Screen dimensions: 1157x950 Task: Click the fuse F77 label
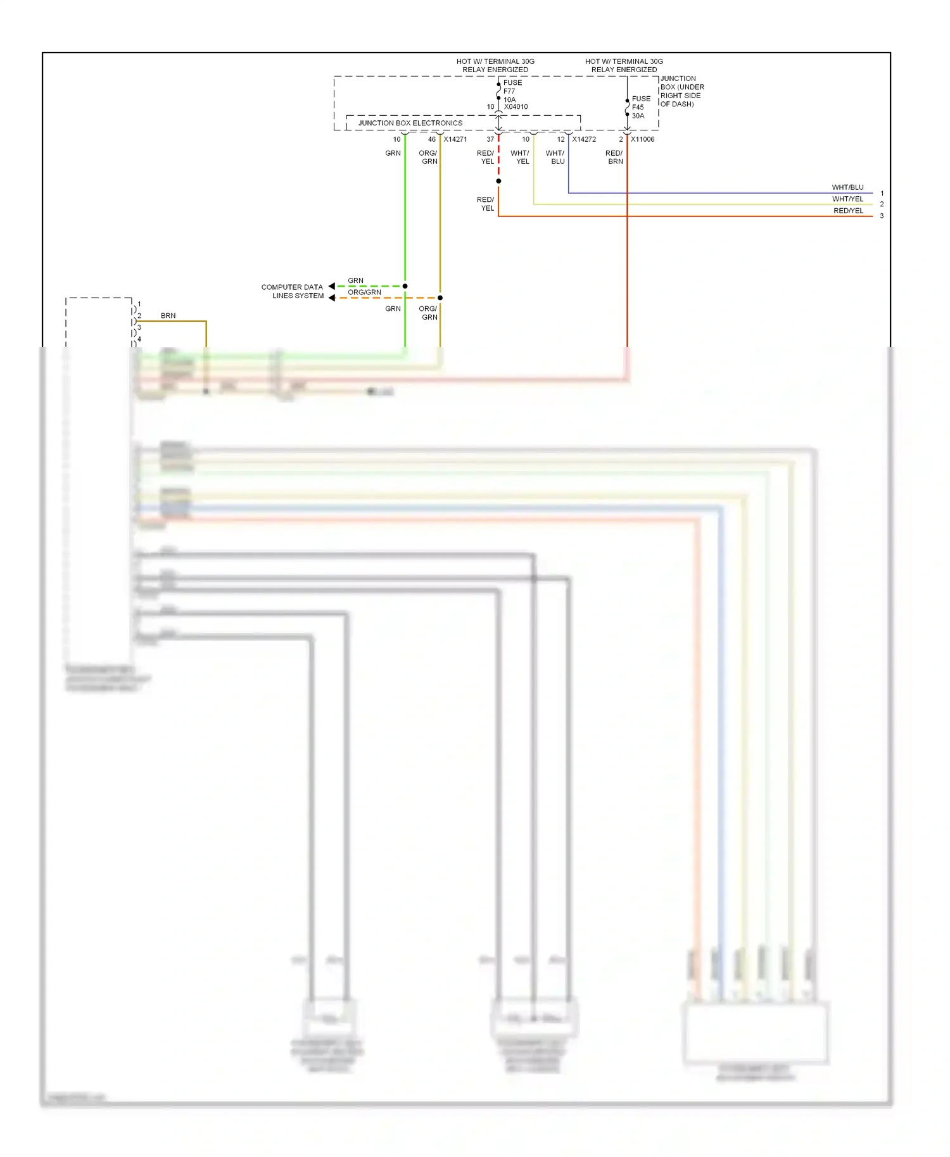point(509,91)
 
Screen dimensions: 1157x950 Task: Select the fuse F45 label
point(638,107)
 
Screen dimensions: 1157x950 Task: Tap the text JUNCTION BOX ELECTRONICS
point(410,123)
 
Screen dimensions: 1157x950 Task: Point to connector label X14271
point(455,139)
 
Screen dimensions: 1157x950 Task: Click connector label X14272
point(584,139)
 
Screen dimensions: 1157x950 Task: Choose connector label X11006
point(642,139)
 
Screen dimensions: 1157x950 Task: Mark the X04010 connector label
point(516,107)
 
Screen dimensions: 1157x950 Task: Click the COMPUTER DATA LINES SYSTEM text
point(293,291)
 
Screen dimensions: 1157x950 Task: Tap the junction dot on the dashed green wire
point(405,286)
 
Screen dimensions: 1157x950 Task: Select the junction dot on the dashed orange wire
point(440,297)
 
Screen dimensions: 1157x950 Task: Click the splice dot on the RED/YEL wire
point(498,181)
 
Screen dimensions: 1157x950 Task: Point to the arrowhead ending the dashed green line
point(332,286)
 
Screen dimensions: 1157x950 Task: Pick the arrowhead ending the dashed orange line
point(332,297)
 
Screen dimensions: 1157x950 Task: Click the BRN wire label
point(168,315)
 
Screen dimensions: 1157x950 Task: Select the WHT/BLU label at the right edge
point(847,187)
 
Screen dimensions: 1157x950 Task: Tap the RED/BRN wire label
point(614,157)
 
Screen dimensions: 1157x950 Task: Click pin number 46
point(431,139)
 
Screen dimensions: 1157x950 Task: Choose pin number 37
point(490,139)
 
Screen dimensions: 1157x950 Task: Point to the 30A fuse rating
point(638,116)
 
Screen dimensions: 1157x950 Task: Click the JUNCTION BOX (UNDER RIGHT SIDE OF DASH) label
point(681,91)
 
